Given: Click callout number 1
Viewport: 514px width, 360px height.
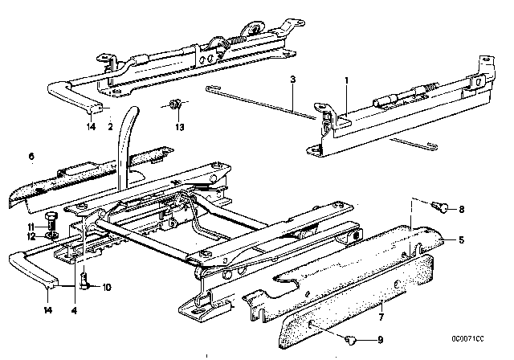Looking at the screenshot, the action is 347,80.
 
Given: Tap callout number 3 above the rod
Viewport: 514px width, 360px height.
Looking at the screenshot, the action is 292,80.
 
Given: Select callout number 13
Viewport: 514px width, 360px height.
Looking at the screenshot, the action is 180,127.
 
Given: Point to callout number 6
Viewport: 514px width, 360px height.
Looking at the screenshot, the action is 31,156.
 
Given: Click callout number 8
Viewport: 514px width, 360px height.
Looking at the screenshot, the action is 462,209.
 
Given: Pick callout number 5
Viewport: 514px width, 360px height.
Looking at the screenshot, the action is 462,240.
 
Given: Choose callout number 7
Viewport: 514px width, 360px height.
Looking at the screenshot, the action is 381,317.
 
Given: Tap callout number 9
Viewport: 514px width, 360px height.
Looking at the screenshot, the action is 380,340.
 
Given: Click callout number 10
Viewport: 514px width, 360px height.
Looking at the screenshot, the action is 107,287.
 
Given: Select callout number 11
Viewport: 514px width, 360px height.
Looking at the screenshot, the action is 31,227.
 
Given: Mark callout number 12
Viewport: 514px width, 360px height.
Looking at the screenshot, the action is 31,236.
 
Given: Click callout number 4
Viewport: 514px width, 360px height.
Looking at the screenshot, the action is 75,310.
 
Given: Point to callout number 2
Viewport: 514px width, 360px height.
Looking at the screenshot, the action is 110,126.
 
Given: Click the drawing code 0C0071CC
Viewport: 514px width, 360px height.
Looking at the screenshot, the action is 467,338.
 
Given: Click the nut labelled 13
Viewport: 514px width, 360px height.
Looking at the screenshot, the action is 174,104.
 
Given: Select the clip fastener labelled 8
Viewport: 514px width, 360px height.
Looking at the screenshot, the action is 440,207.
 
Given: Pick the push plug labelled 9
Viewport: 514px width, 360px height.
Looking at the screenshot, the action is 350,341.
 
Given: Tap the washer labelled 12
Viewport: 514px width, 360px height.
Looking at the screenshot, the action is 51,235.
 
